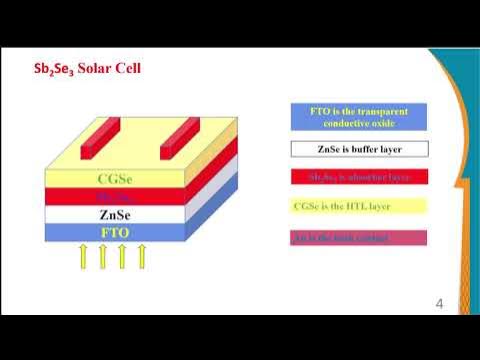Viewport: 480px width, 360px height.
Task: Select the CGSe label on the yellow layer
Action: click(x=111, y=180)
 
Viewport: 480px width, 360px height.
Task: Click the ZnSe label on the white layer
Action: click(x=113, y=214)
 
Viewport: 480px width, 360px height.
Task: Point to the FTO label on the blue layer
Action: click(x=113, y=232)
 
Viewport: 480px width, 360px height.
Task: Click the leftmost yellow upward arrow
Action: click(x=83, y=257)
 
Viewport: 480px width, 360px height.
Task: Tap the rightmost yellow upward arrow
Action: click(x=142, y=257)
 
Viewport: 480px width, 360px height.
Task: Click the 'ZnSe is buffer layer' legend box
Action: click(x=359, y=149)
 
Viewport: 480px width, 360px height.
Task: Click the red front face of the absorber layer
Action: click(x=111, y=197)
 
